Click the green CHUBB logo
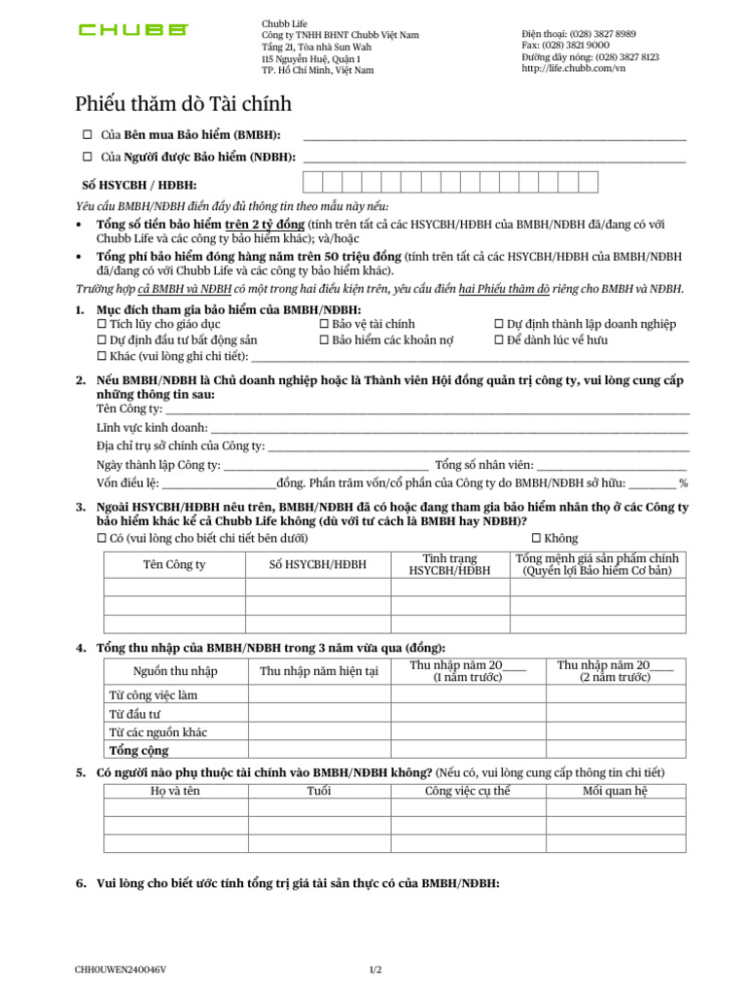tap(133, 30)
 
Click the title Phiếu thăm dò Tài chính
tap(184, 104)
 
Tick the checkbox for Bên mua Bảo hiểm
tap(88, 134)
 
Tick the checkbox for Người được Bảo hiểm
tap(88, 157)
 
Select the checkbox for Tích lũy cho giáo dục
tap(101, 324)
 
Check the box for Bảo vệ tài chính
tap(324, 324)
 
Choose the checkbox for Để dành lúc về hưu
tap(499, 339)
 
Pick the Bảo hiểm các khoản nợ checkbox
tap(324, 339)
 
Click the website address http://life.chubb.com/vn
tap(573, 68)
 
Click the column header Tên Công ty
tap(174, 565)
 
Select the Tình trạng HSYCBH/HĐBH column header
tap(449, 565)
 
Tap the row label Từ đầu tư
tap(135, 714)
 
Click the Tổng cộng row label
tap(139, 751)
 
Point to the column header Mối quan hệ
tap(615, 792)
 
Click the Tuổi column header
tap(319, 792)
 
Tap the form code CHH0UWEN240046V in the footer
tap(121, 970)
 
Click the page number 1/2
tap(375, 970)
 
